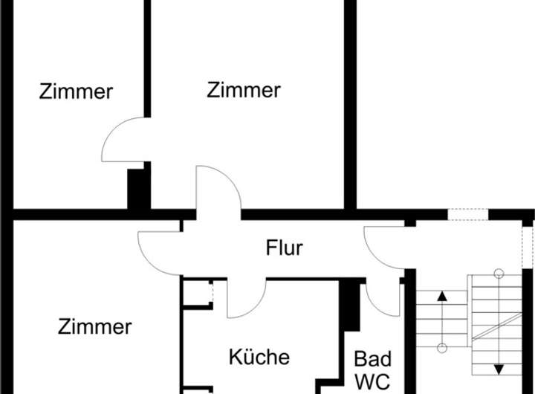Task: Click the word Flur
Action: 284,248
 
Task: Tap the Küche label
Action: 259,357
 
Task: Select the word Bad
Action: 372,360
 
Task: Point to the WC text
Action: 372,381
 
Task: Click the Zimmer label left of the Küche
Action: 94,326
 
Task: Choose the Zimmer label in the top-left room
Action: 76,92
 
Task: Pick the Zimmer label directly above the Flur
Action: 244,91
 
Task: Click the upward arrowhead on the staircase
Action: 442,296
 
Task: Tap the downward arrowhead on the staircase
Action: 499,369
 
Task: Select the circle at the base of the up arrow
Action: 442,348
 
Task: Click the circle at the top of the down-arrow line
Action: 499,273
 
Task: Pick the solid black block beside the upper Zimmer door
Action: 137,190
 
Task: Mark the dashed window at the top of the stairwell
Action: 467,215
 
